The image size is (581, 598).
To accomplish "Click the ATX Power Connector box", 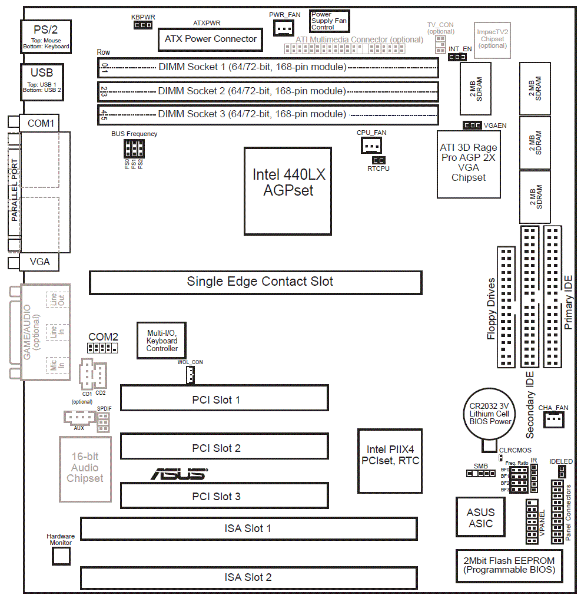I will (210, 39).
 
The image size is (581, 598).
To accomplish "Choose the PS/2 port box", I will (46, 37).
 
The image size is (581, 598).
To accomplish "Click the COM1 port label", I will (40, 123).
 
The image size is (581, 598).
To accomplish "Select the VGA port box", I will (40, 262).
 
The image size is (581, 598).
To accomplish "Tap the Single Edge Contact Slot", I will (255, 282).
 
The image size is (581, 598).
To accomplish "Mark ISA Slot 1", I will (248, 528).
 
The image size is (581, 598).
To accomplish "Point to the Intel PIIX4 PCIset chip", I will (390, 461).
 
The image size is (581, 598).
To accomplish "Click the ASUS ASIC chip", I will (481, 517).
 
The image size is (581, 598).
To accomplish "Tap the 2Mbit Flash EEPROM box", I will (509, 566).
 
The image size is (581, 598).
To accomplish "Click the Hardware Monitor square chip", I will (61, 555).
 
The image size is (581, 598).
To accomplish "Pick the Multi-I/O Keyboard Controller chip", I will (162, 341).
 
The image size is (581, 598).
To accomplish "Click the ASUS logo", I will (179, 474).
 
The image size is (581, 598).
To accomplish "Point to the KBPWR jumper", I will (143, 25).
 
